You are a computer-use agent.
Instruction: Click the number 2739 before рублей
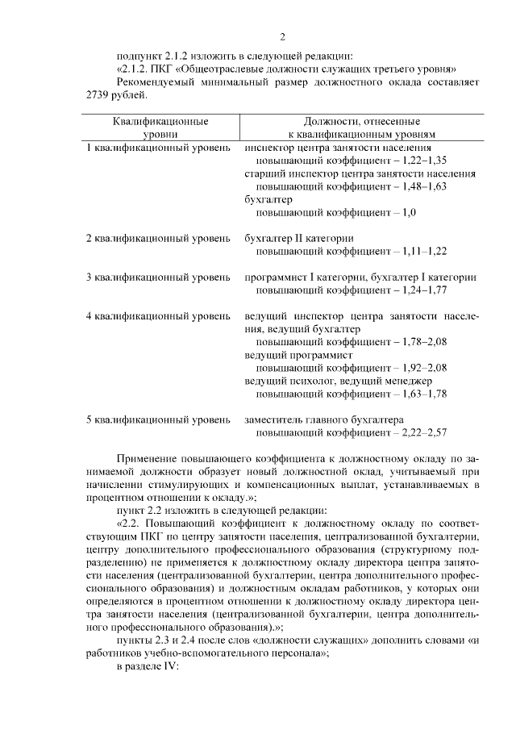[101, 95]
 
